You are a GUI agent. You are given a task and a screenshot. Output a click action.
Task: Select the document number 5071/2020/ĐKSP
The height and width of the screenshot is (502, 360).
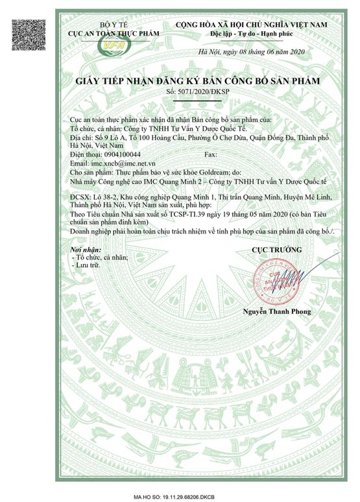(193, 93)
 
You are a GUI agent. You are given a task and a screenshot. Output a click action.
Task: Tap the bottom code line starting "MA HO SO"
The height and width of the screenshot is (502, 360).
(180, 495)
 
